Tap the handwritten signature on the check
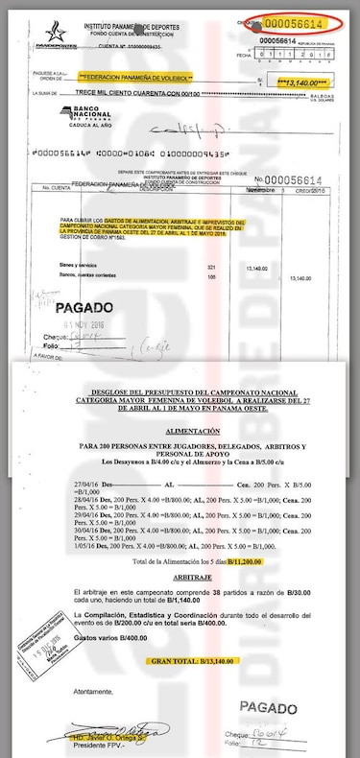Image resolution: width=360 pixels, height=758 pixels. (x=183, y=128)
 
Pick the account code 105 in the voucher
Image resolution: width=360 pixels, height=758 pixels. (x=212, y=278)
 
